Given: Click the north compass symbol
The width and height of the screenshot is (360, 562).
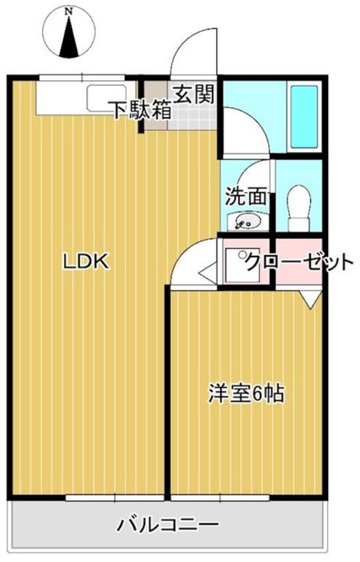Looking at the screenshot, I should [70, 33].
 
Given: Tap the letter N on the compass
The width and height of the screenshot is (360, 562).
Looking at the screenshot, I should [70, 11].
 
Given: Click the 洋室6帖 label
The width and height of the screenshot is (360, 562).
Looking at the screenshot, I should [245, 393].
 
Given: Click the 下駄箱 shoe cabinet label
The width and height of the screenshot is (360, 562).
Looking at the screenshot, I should [140, 110].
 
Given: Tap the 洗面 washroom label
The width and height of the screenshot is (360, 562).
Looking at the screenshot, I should [242, 196].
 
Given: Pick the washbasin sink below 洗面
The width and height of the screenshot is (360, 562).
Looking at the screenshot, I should [244, 222].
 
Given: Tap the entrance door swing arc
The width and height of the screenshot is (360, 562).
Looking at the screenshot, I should [192, 55].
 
